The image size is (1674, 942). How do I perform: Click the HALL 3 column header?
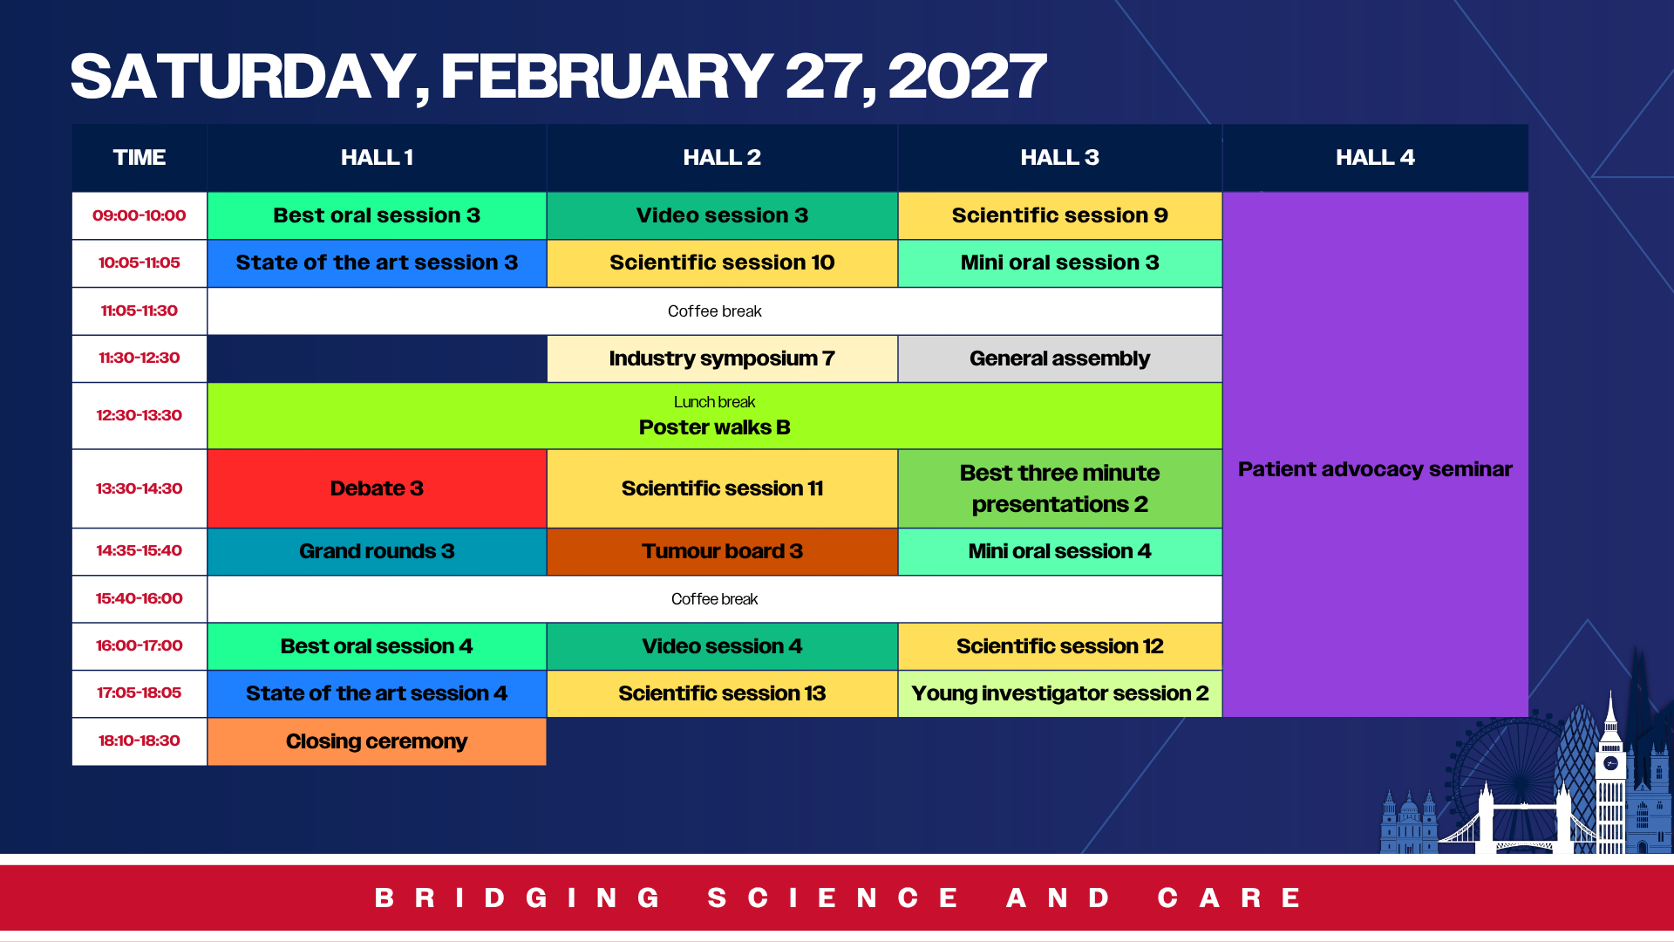coord(1059,158)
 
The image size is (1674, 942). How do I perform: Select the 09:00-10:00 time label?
coord(139,215)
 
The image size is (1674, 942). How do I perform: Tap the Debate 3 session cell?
coord(377,488)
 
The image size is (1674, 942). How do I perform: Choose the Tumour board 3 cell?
coord(722,551)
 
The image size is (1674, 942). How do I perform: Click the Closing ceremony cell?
coord(377,741)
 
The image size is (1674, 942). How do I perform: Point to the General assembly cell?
coord(1059,358)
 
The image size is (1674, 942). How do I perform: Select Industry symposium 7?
coord(722,358)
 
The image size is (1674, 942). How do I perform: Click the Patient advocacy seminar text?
coord(1375,469)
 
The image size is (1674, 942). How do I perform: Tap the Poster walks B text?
coord(714,427)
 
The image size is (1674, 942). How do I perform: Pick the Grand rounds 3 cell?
coord(377,551)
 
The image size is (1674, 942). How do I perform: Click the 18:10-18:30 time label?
coord(139,741)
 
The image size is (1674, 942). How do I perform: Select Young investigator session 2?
coord(1059,693)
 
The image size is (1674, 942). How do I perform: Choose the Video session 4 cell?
coord(722,646)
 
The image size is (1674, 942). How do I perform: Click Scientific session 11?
coord(722,488)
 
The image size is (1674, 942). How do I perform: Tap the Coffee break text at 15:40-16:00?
coord(714,599)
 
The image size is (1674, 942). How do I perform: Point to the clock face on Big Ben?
coord(1610,763)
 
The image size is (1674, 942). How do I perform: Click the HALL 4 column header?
coord(1375,158)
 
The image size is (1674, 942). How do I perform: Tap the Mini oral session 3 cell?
coord(1059,263)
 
